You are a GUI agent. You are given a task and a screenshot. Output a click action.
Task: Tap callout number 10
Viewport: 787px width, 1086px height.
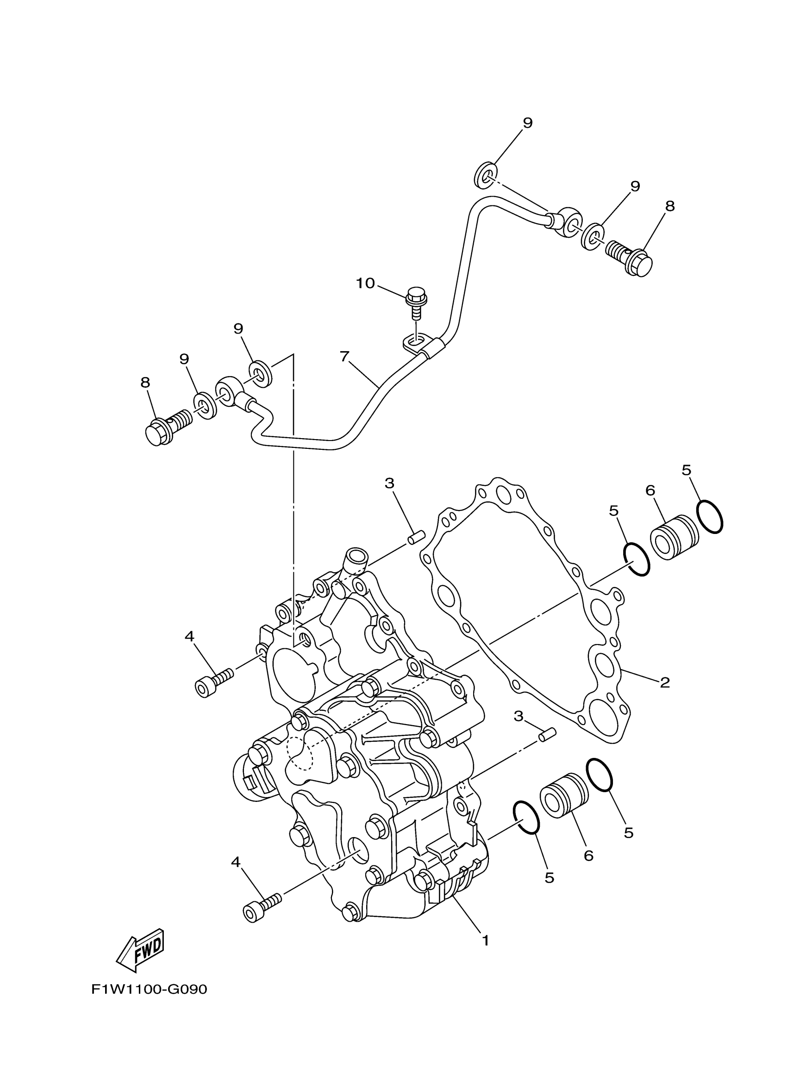coord(365,284)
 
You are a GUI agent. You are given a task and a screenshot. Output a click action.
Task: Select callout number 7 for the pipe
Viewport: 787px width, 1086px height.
coord(344,356)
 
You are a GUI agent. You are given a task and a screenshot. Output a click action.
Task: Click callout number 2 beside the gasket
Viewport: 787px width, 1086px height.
coord(664,683)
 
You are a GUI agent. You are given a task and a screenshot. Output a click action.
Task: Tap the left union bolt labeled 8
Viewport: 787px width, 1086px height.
coord(168,427)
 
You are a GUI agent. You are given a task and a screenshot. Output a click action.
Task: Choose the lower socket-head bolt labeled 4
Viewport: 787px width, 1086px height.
coord(262,907)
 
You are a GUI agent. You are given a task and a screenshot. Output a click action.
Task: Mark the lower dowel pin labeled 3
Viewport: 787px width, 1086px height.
coord(547,747)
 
